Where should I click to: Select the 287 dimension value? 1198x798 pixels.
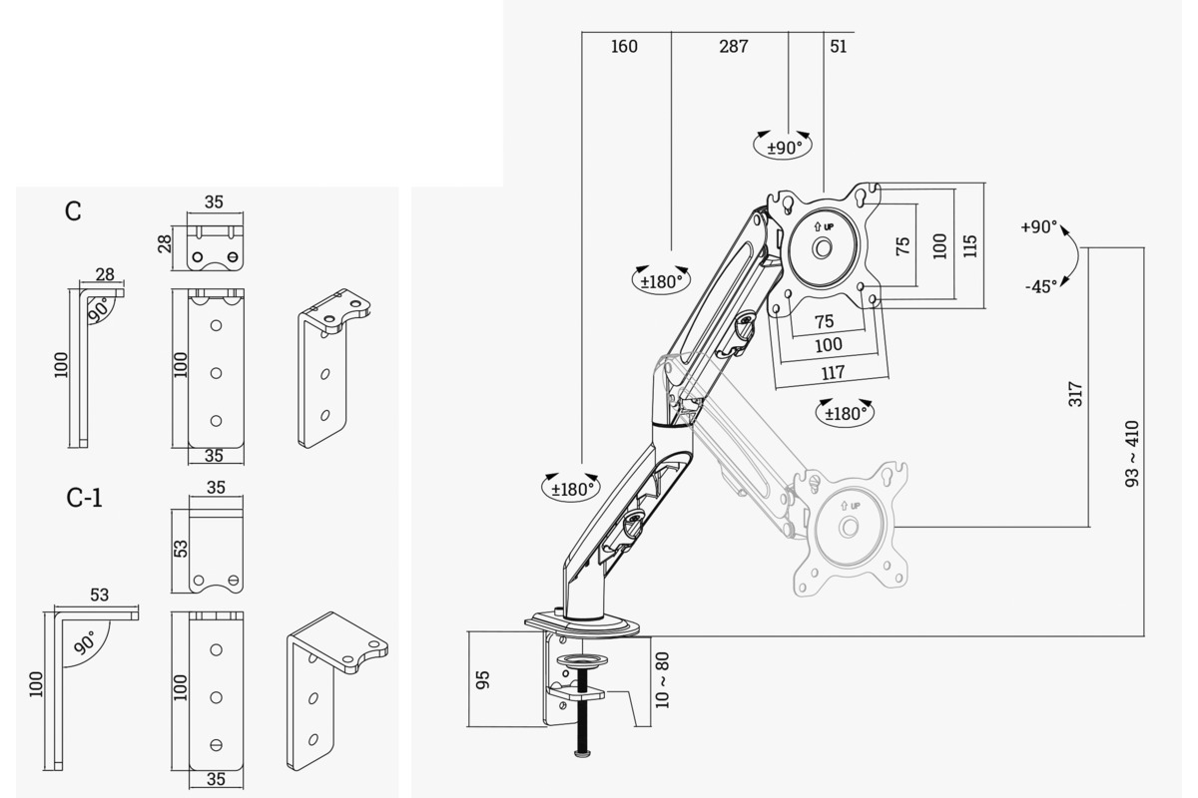pos(733,46)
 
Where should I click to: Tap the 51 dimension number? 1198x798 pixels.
pos(838,46)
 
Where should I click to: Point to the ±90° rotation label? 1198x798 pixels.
pos(784,148)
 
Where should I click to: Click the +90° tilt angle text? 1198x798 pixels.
pos(1038,226)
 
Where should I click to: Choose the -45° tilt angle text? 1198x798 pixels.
pos(1040,286)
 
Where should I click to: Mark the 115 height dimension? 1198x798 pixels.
pos(970,244)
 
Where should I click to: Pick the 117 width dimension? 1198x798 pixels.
pos(832,372)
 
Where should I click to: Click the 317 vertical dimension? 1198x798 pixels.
pos(1074,392)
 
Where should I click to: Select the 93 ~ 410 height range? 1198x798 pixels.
pos(1132,454)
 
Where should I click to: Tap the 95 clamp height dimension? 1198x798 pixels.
pos(483,679)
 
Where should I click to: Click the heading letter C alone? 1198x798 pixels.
pos(73,211)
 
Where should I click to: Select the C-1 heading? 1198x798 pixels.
pos(85,497)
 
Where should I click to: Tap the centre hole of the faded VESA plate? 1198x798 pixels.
pos(849,527)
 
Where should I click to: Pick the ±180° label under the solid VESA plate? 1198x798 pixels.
pos(845,413)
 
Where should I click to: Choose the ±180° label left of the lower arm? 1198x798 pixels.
pos(572,488)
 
